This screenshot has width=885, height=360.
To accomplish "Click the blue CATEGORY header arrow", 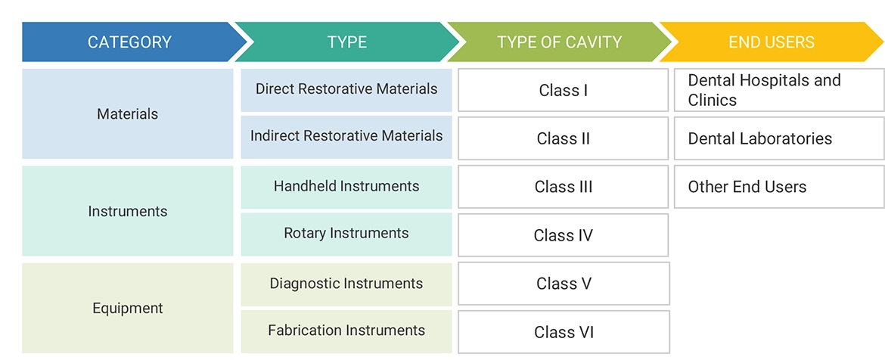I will coord(129,42).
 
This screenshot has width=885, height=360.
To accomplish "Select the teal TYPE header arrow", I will coord(346,42).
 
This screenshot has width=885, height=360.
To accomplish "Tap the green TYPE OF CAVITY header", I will coord(560,42).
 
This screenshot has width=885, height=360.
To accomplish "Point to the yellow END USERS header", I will coord(772,42).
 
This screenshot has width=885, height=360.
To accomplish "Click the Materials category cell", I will coord(128,114).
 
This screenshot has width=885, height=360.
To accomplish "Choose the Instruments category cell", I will coord(128,211).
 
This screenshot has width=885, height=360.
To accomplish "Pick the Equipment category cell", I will coord(128,308).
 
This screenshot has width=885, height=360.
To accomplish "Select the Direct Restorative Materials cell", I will coord(346,89).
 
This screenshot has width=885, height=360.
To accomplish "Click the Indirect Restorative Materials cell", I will coord(346,136).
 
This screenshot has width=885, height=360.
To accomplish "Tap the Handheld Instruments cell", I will coord(346,186).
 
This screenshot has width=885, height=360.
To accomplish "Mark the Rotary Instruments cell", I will coord(346,234).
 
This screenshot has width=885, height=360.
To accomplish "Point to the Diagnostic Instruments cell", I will coord(346,284).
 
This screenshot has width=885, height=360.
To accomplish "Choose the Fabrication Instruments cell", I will coord(346,331).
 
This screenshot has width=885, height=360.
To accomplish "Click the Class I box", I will coord(564,91).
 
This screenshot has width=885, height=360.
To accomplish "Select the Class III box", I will coord(564,187).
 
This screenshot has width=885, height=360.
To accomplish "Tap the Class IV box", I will coord(564,235).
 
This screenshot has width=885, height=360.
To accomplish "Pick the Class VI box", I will coord(564,332).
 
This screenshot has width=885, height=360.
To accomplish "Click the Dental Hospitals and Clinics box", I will coord(779,91).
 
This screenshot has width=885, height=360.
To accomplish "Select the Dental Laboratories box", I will coord(779,138).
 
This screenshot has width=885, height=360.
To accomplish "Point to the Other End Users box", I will coord(779,187).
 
